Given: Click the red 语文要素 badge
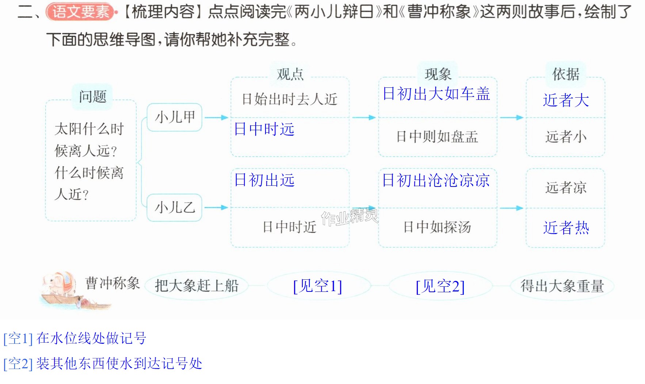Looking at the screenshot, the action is point(81,12).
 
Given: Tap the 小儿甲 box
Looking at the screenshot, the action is point(175,117).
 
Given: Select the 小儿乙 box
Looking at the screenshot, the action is point(175,208).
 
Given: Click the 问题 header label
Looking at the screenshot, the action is point(92,97).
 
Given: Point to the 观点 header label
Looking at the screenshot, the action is point(290,74).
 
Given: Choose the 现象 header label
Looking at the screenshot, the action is point(438,74).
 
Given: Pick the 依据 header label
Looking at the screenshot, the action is point(566,74).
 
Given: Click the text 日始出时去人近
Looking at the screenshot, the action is point(290,99).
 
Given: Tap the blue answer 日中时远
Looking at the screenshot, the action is point(264,129).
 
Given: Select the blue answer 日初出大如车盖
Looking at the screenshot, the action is point(436,94).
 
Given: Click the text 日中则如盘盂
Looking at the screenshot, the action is point(437,137).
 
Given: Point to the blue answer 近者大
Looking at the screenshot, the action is point(566,100).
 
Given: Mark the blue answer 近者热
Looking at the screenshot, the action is point(566,228).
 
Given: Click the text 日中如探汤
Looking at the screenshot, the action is point(437,227).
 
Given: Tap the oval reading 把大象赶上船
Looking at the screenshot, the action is point(196,286).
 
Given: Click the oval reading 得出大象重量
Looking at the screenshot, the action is point(562,286).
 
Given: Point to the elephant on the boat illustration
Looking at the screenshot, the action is point(60,284).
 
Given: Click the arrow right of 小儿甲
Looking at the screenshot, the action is point(216,117).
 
